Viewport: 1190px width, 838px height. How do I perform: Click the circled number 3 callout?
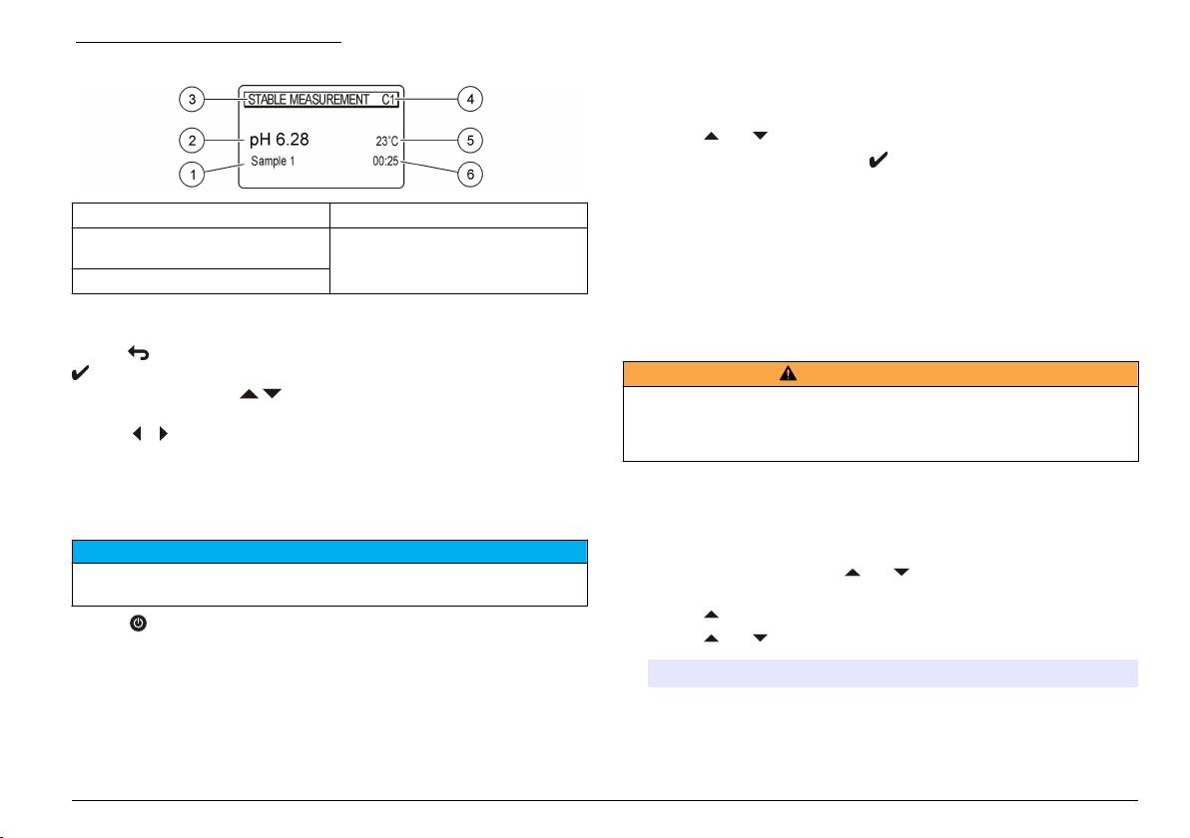coord(193,99)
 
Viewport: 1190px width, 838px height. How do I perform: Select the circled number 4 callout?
coord(471,99)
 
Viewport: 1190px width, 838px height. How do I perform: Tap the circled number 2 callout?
coord(193,138)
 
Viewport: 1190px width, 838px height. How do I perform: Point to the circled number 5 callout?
coord(471,138)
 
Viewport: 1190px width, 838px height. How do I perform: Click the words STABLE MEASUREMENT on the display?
coord(307,100)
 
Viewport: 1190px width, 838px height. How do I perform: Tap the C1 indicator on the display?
coord(389,100)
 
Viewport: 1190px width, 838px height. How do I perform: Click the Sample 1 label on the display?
coord(273,161)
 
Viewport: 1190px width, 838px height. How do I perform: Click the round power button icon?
coord(137,622)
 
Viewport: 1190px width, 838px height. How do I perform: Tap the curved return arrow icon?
coord(137,352)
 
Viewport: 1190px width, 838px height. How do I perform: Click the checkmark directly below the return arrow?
coord(82,374)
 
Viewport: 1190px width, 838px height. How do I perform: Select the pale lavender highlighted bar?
coord(892,673)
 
